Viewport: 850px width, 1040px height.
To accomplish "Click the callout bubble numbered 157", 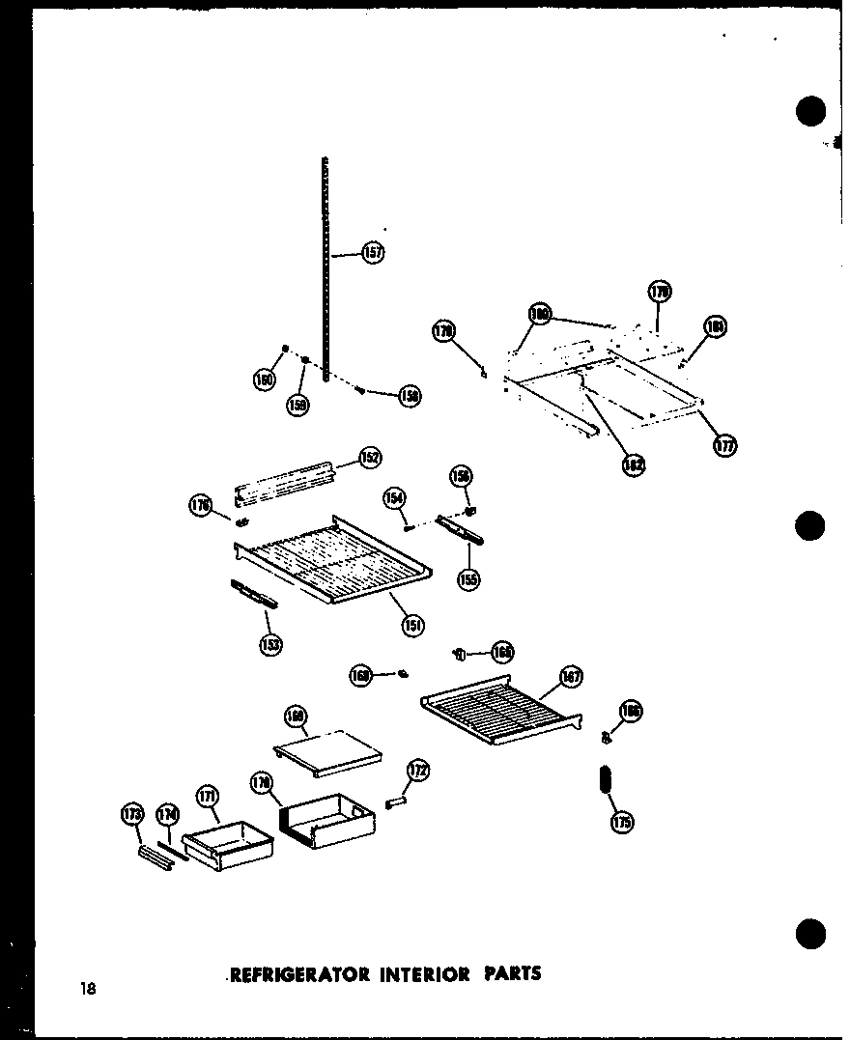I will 373,254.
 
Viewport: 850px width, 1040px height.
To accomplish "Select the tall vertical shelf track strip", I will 326,270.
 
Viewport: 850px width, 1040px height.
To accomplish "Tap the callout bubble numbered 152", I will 370,458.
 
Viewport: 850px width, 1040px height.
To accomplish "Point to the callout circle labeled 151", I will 413,625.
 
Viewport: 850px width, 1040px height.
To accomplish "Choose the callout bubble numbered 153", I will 270,641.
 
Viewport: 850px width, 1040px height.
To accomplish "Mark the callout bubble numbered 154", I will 394,498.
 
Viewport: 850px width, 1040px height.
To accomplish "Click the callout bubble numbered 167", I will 571,677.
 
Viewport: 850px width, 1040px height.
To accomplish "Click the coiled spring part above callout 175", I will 607,779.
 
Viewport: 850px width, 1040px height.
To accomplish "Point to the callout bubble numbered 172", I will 418,771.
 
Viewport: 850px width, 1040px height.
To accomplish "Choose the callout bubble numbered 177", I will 725,445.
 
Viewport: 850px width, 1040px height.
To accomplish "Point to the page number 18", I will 90,988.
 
